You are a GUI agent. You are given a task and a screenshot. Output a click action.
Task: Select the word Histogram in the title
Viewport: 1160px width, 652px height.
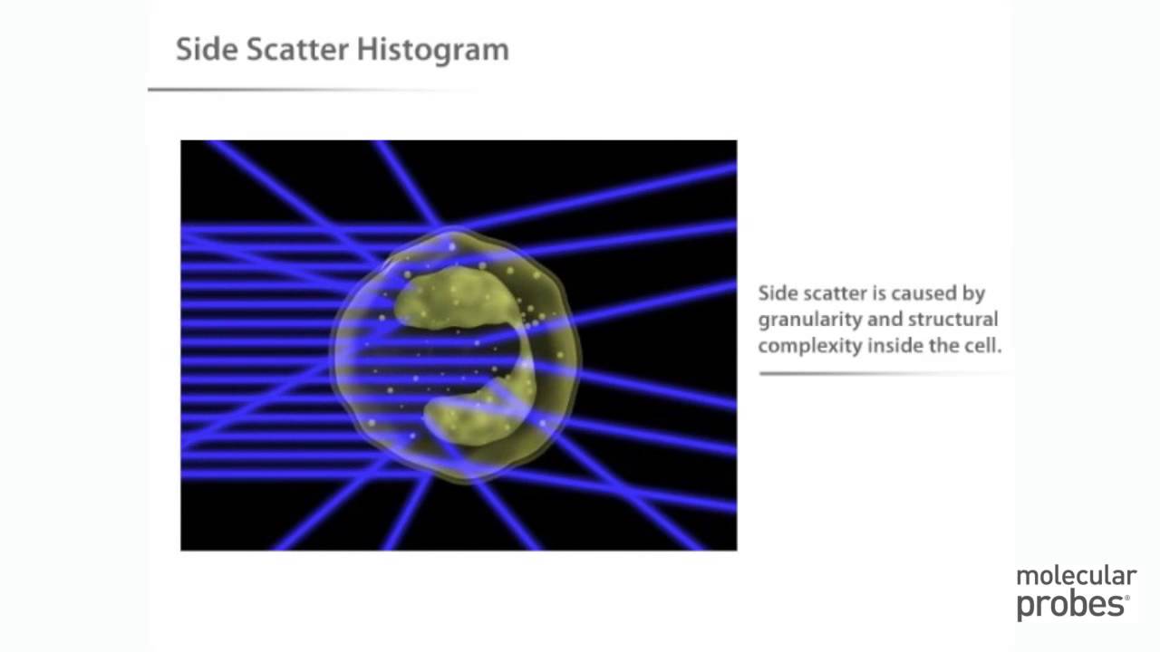(433, 51)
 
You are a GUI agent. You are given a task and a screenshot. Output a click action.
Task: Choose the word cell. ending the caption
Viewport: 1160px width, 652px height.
(983, 345)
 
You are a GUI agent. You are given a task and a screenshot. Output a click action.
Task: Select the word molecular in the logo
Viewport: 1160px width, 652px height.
(1076, 577)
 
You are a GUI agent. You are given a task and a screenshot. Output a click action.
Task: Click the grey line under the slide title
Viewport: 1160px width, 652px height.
(308, 90)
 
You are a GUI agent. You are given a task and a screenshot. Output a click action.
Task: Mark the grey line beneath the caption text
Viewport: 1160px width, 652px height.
(879, 373)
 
